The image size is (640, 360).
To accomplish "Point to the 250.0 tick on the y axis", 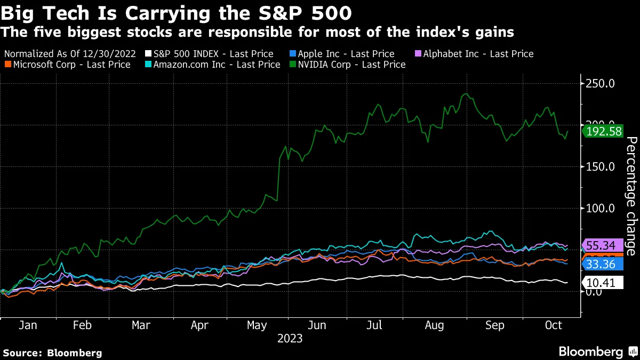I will click(601, 84).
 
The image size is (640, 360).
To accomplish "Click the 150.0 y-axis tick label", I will click(601, 167).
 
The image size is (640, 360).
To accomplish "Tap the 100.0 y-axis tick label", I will click(601, 209).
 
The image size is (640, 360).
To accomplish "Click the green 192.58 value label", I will click(603, 131).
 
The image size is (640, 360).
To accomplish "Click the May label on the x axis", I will click(258, 325).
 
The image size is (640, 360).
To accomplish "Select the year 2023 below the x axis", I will click(290, 338).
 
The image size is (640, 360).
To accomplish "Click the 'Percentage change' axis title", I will click(630, 196).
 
